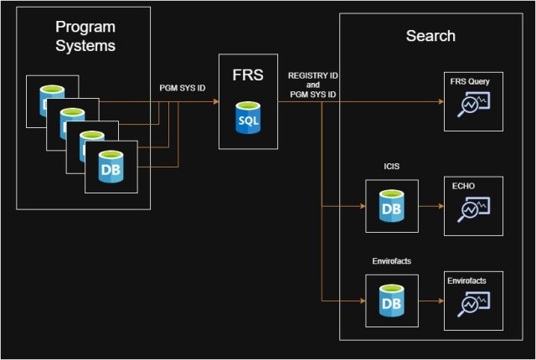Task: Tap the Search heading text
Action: [430, 36]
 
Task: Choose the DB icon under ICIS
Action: [391, 206]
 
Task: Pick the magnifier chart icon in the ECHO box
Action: [472, 210]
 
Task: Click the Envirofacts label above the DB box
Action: [392, 261]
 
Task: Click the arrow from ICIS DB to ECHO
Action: [428, 206]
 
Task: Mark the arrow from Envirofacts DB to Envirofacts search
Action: [428, 301]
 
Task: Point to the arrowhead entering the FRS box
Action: [214, 100]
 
